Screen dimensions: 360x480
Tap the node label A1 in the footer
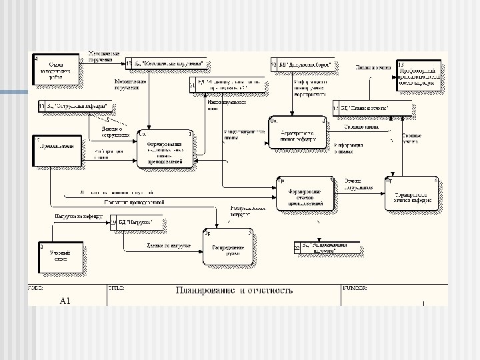click(65, 301)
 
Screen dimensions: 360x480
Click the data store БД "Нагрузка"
click(136, 222)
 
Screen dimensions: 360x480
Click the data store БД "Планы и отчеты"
click(364, 108)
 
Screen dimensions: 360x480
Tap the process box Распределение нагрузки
click(228, 247)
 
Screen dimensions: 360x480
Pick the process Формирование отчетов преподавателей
click(305, 194)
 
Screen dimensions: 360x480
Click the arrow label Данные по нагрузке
click(169, 245)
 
